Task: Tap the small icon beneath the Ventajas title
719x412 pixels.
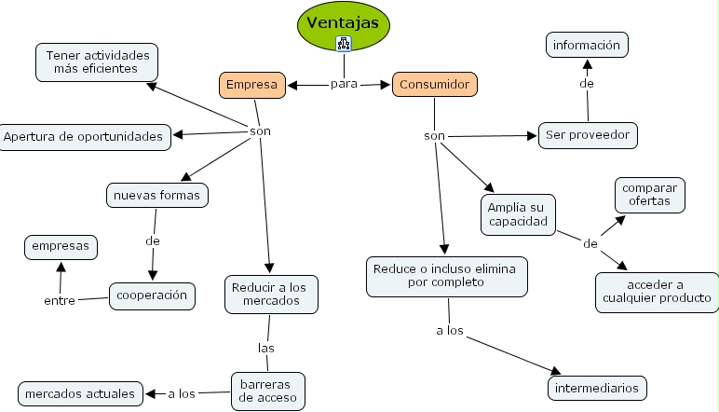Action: coord(344,42)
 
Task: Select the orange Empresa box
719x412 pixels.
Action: coord(251,85)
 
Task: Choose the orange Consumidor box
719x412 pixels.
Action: coord(434,85)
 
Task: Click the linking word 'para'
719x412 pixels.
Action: coord(344,85)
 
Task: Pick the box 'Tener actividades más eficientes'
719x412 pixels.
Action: coord(96,62)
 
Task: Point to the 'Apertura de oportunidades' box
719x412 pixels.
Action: coord(85,137)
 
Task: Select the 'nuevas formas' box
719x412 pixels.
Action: coord(156,196)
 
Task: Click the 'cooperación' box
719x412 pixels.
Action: coord(153,295)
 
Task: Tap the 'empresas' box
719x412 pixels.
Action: coord(61,247)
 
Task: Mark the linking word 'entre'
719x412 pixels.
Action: coord(60,300)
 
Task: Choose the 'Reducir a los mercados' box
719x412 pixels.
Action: coord(271,294)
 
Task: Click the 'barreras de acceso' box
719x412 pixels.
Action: coord(267,391)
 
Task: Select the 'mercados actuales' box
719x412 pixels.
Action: coord(80,393)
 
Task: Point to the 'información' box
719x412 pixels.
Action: coord(587,45)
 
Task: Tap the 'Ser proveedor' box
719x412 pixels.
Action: coord(588,135)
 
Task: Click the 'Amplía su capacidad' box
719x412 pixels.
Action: coord(518,215)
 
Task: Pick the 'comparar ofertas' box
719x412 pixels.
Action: coord(649,195)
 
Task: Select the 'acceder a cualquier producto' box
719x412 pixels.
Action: coord(657,292)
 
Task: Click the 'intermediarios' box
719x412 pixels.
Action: coord(597,387)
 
